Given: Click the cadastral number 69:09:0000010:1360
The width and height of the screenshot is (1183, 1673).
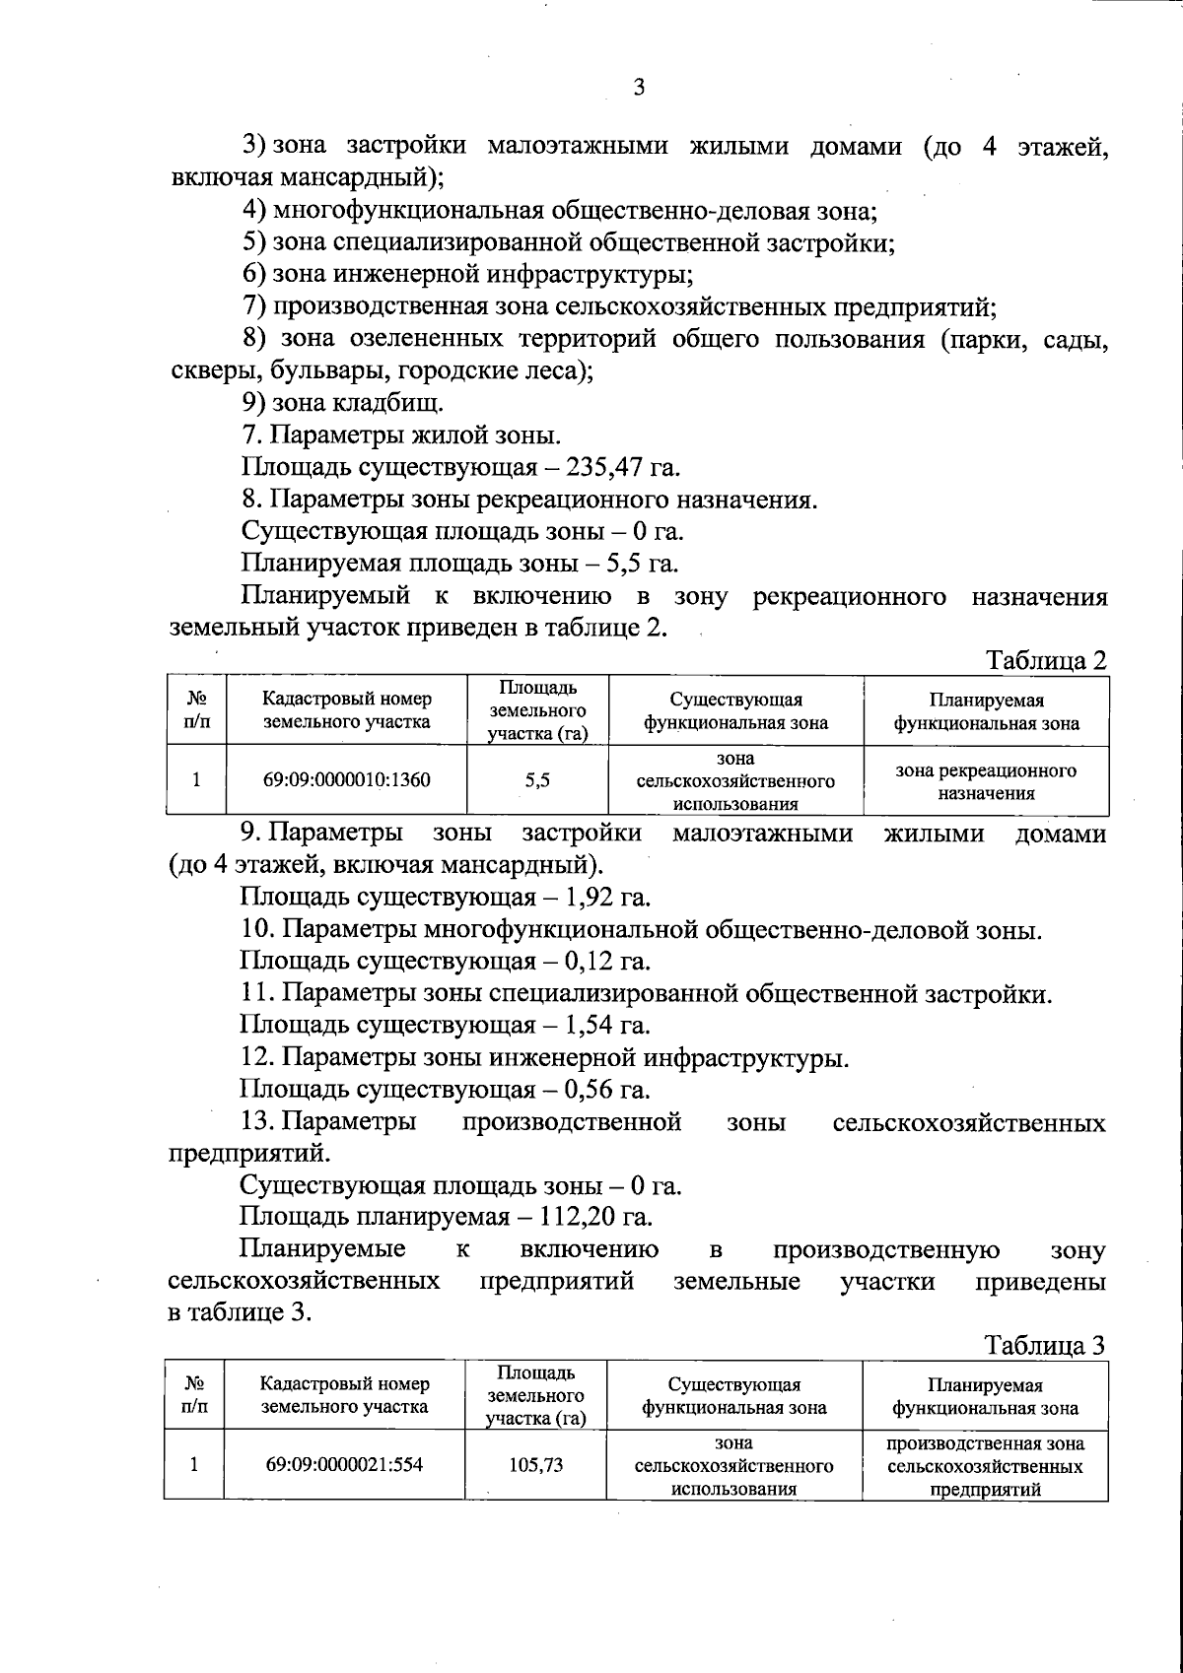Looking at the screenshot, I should coord(346,779).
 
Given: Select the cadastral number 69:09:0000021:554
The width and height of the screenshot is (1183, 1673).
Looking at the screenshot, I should coord(344,1464).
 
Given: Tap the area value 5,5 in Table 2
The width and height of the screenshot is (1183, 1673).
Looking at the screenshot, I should coord(537,779).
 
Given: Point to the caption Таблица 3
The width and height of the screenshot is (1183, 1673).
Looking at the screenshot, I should coord(1046,1345).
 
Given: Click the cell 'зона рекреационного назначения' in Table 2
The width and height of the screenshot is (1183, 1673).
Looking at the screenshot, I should coord(986,780).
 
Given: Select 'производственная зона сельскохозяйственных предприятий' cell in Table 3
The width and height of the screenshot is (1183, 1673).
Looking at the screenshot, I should coord(986,1465).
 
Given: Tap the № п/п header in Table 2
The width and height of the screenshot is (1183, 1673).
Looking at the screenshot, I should coord(197,710).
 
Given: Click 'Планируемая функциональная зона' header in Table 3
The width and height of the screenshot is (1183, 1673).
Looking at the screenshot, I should coord(986,1396).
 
